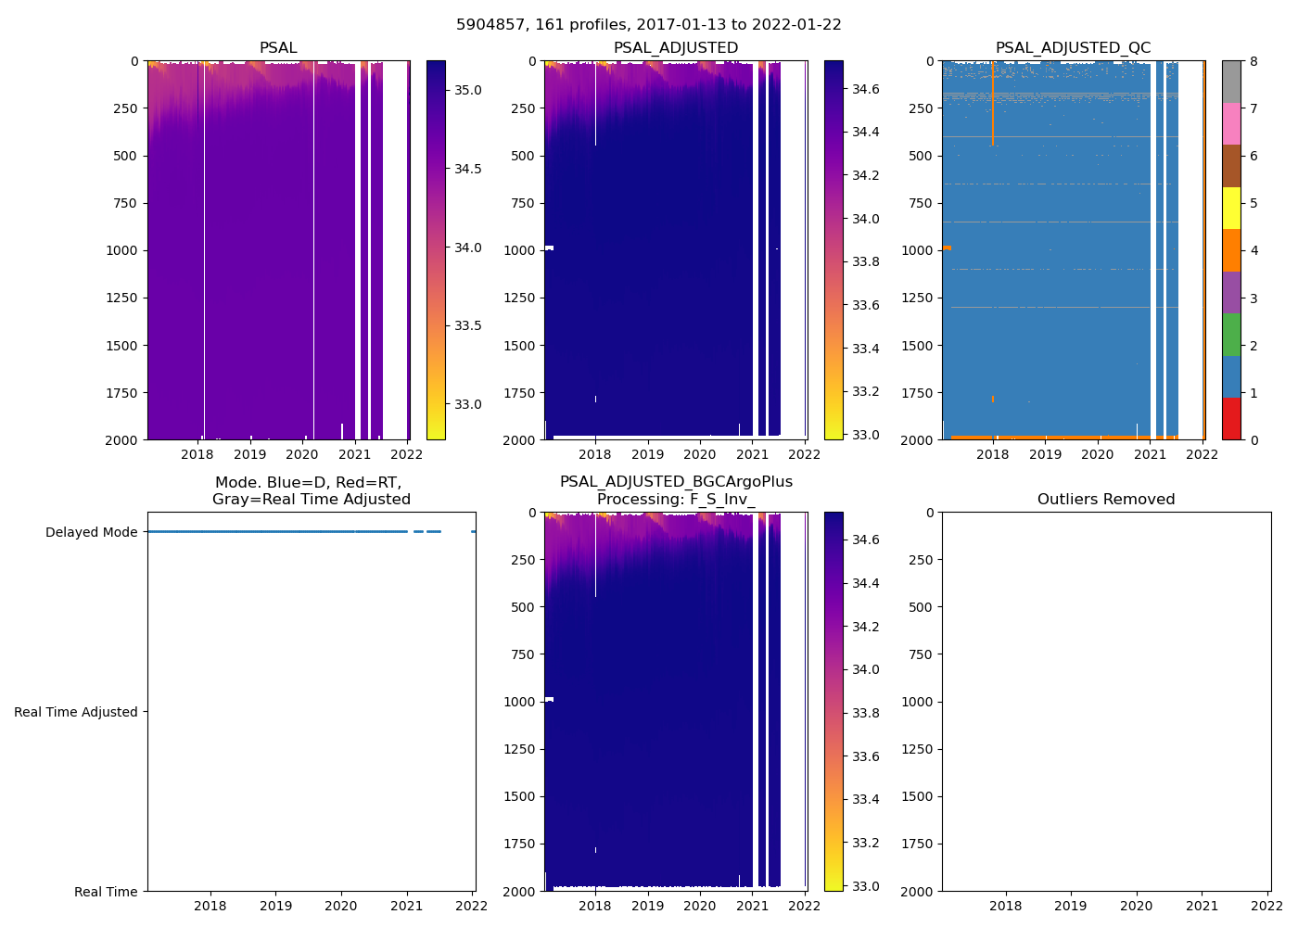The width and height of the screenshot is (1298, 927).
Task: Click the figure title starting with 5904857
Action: [x=648, y=25]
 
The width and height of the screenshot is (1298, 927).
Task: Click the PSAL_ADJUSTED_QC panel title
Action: [x=1073, y=48]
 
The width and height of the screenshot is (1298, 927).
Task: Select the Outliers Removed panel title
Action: [x=1106, y=500]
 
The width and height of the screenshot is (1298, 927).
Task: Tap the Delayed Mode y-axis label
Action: [x=91, y=532]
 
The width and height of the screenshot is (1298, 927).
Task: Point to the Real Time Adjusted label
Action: [x=76, y=712]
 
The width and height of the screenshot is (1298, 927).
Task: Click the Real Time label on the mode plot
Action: [x=106, y=892]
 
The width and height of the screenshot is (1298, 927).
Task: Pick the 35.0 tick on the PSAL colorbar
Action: [x=468, y=90]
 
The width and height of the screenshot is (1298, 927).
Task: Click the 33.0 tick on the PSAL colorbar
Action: [x=468, y=404]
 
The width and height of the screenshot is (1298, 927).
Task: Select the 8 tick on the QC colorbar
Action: [x=1253, y=61]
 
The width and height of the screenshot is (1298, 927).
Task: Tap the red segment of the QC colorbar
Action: [x=1231, y=418]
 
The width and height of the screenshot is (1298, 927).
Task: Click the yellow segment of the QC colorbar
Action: [x=1231, y=208]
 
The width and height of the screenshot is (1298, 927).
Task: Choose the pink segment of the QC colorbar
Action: [x=1231, y=123]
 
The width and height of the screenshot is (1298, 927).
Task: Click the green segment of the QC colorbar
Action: [x=1231, y=334]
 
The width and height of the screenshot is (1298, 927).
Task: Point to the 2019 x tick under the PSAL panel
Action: [x=249, y=454]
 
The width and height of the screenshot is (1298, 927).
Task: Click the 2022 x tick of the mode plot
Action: [x=472, y=906]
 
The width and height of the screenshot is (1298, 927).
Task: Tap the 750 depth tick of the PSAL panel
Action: [x=123, y=203]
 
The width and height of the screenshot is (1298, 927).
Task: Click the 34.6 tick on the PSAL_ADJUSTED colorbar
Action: [x=866, y=89]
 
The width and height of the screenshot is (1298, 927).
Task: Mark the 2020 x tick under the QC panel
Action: [x=1098, y=454]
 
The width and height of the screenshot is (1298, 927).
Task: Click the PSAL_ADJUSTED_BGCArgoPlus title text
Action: [x=676, y=482]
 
